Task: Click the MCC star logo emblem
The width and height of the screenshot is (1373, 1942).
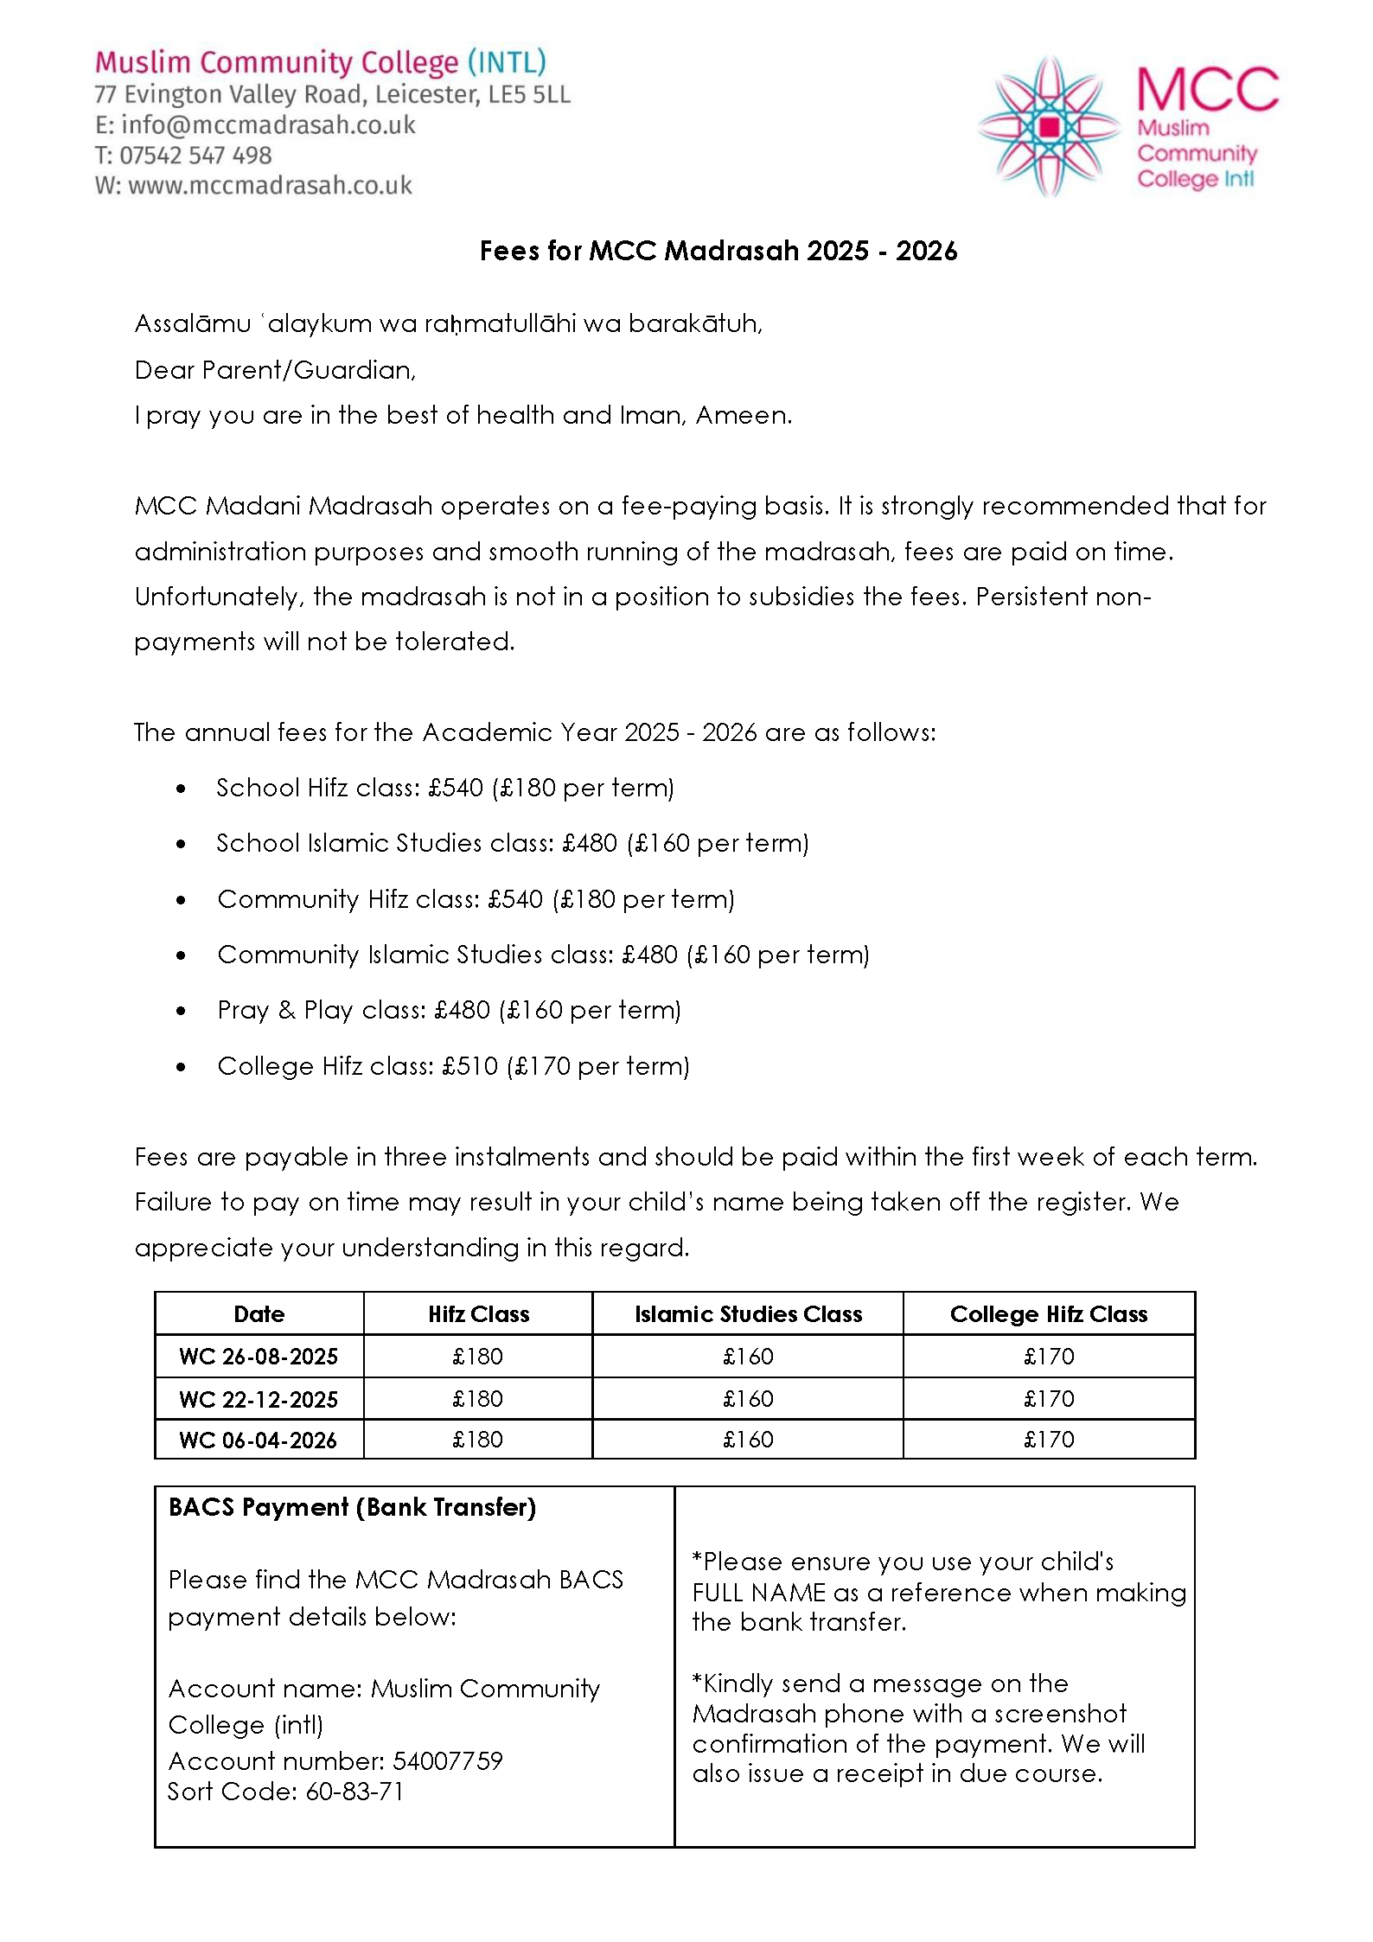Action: (x=1049, y=127)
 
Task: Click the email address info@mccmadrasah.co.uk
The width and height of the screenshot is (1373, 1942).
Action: (x=268, y=125)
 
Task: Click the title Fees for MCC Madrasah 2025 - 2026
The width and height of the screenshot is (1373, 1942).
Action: (x=718, y=251)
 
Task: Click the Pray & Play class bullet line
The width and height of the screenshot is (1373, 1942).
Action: (x=449, y=1010)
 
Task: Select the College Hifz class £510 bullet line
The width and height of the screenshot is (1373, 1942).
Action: (x=453, y=1066)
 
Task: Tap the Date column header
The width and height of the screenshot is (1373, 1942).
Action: (x=259, y=1314)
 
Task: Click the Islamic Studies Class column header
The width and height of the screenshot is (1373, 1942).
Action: (x=748, y=1314)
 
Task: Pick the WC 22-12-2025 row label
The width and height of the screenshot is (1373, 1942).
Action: (x=259, y=1399)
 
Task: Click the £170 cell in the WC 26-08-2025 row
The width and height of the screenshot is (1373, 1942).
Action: (x=1049, y=1357)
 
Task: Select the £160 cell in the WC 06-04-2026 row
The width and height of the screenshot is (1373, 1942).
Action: (x=748, y=1440)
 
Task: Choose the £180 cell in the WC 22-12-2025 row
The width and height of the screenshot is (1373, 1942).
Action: (x=477, y=1399)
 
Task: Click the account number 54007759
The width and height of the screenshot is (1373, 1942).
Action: (x=447, y=1761)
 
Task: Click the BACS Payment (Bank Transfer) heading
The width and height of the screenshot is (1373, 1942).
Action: (x=352, y=1507)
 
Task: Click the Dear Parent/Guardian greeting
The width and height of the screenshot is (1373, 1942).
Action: (x=275, y=370)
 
